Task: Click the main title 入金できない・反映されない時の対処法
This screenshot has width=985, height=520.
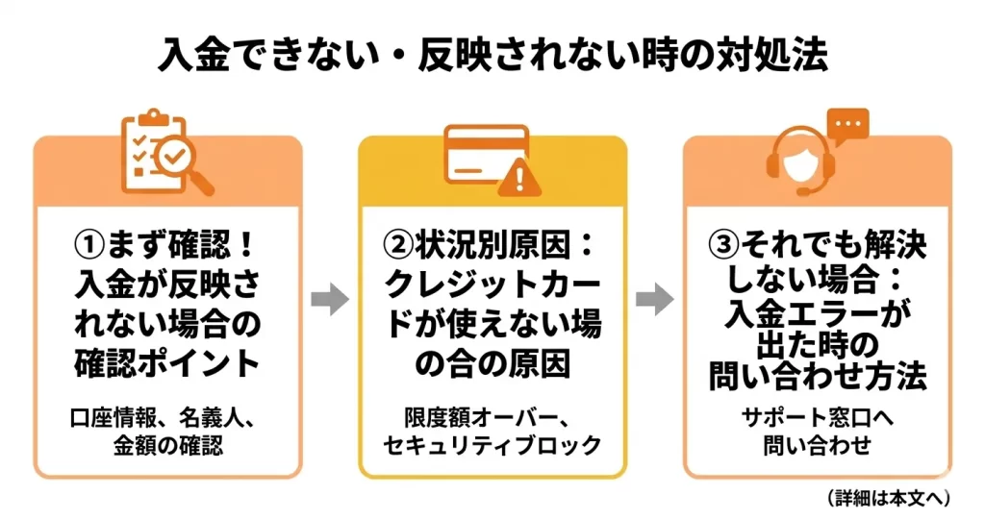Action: point(492,56)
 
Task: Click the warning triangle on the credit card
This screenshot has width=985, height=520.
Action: point(520,176)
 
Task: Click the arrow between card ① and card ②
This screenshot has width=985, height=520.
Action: point(330,301)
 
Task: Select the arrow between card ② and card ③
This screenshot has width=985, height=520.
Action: point(654,301)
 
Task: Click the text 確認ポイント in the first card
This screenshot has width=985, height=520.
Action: point(167,363)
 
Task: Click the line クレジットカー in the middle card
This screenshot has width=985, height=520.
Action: point(492,285)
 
